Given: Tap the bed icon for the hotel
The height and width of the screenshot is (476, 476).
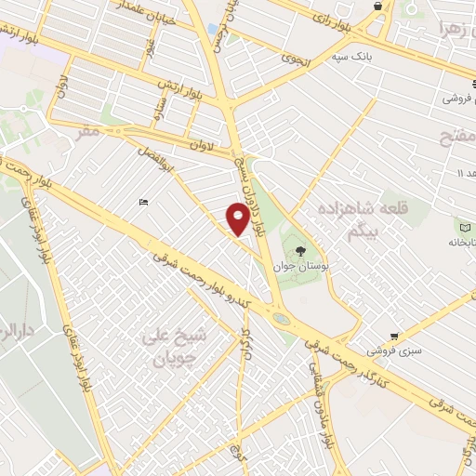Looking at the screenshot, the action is coord(142,202).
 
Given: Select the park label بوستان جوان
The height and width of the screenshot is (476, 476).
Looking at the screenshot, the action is coord(297,265).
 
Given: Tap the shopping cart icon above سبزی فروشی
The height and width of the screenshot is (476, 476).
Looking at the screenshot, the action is coord(396,337).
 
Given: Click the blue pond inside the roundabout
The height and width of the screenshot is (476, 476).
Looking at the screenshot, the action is coord(282,319).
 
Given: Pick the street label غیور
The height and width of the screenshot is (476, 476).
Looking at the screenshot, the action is coord(149,46).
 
